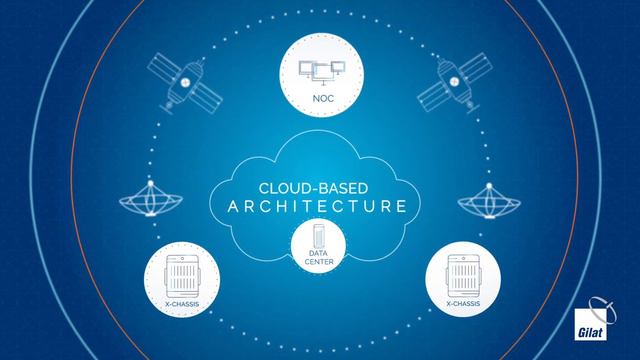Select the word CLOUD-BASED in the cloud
click(319, 186)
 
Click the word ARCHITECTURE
click(319, 208)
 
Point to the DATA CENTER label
click(319, 259)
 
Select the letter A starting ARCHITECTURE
click(223, 208)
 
